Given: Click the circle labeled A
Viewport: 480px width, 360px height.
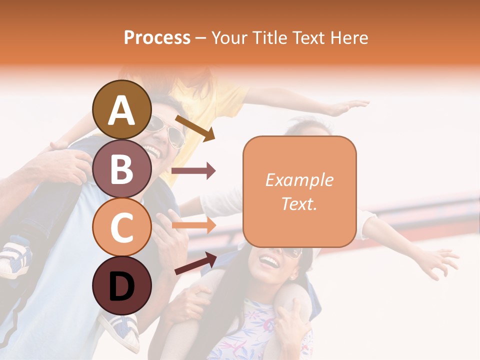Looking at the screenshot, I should pos(122,109).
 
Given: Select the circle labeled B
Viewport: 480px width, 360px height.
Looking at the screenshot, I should pos(122,168).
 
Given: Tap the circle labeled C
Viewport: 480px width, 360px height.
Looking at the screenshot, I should pos(122,226).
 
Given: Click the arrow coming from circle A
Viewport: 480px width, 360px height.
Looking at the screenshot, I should pos(195,127).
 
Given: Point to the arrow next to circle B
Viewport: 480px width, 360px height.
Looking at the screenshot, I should pos(193,171).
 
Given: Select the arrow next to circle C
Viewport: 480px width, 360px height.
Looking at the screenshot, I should pos(193,225).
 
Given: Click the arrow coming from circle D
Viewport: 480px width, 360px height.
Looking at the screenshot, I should pos(195,263).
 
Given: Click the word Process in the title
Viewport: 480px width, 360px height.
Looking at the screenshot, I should pos(157,38).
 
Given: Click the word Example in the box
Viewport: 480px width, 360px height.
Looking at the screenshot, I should pos(299,180).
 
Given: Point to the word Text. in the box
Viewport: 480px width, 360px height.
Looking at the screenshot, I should pos(299,203).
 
